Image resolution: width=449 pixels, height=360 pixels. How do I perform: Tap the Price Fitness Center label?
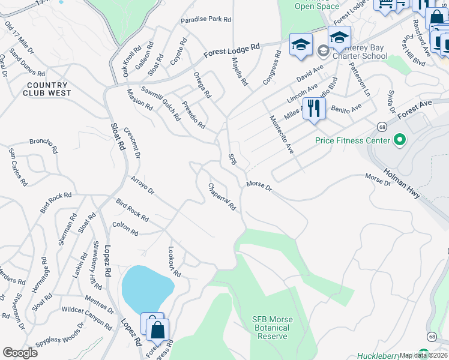tap(353, 141)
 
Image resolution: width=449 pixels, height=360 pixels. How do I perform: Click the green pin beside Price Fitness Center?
tap(399, 141)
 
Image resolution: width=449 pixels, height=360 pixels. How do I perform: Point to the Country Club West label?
tap(48, 89)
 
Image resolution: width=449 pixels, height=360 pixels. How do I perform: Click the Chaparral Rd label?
tap(222, 197)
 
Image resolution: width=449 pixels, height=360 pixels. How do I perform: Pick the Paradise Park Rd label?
tap(206, 19)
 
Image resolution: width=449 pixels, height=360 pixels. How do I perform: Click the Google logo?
tap(20, 353)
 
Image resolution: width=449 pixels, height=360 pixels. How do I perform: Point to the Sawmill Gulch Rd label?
tap(160, 103)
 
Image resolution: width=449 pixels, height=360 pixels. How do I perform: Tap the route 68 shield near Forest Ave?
tap(382, 126)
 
